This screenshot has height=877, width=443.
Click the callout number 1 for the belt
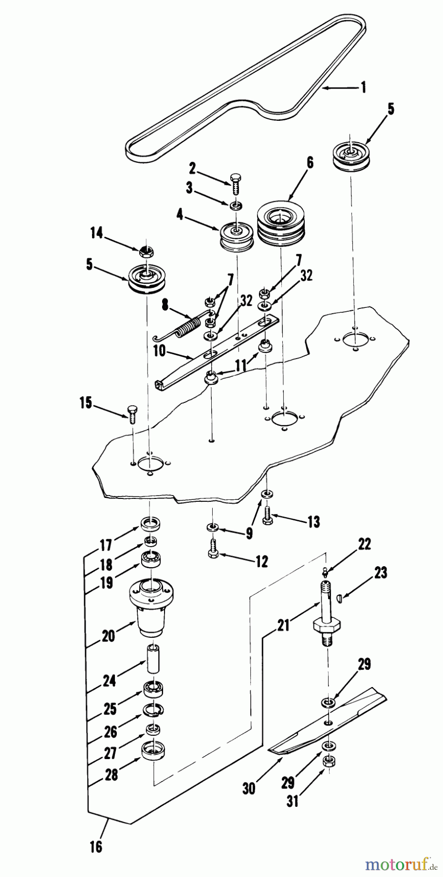pos(377,88)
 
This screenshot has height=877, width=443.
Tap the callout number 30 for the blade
pos(248,788)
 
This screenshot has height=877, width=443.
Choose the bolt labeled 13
pos(268,515)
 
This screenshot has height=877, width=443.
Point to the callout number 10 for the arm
pos(159,351)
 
